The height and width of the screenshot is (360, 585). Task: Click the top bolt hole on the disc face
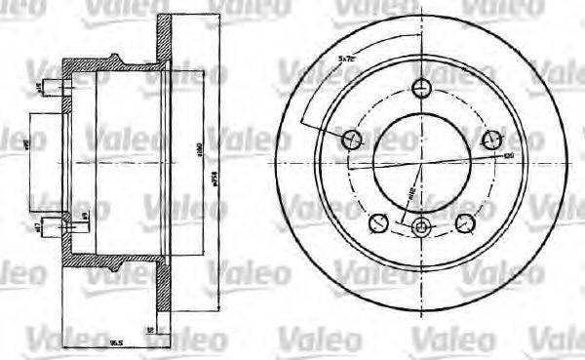[421, 87]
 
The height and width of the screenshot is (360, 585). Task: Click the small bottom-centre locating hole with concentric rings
[421, 228]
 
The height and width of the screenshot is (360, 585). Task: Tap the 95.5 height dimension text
[115, 342]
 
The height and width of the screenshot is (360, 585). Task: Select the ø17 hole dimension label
[37, 227]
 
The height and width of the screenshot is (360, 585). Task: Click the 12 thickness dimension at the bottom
[149, 332]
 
